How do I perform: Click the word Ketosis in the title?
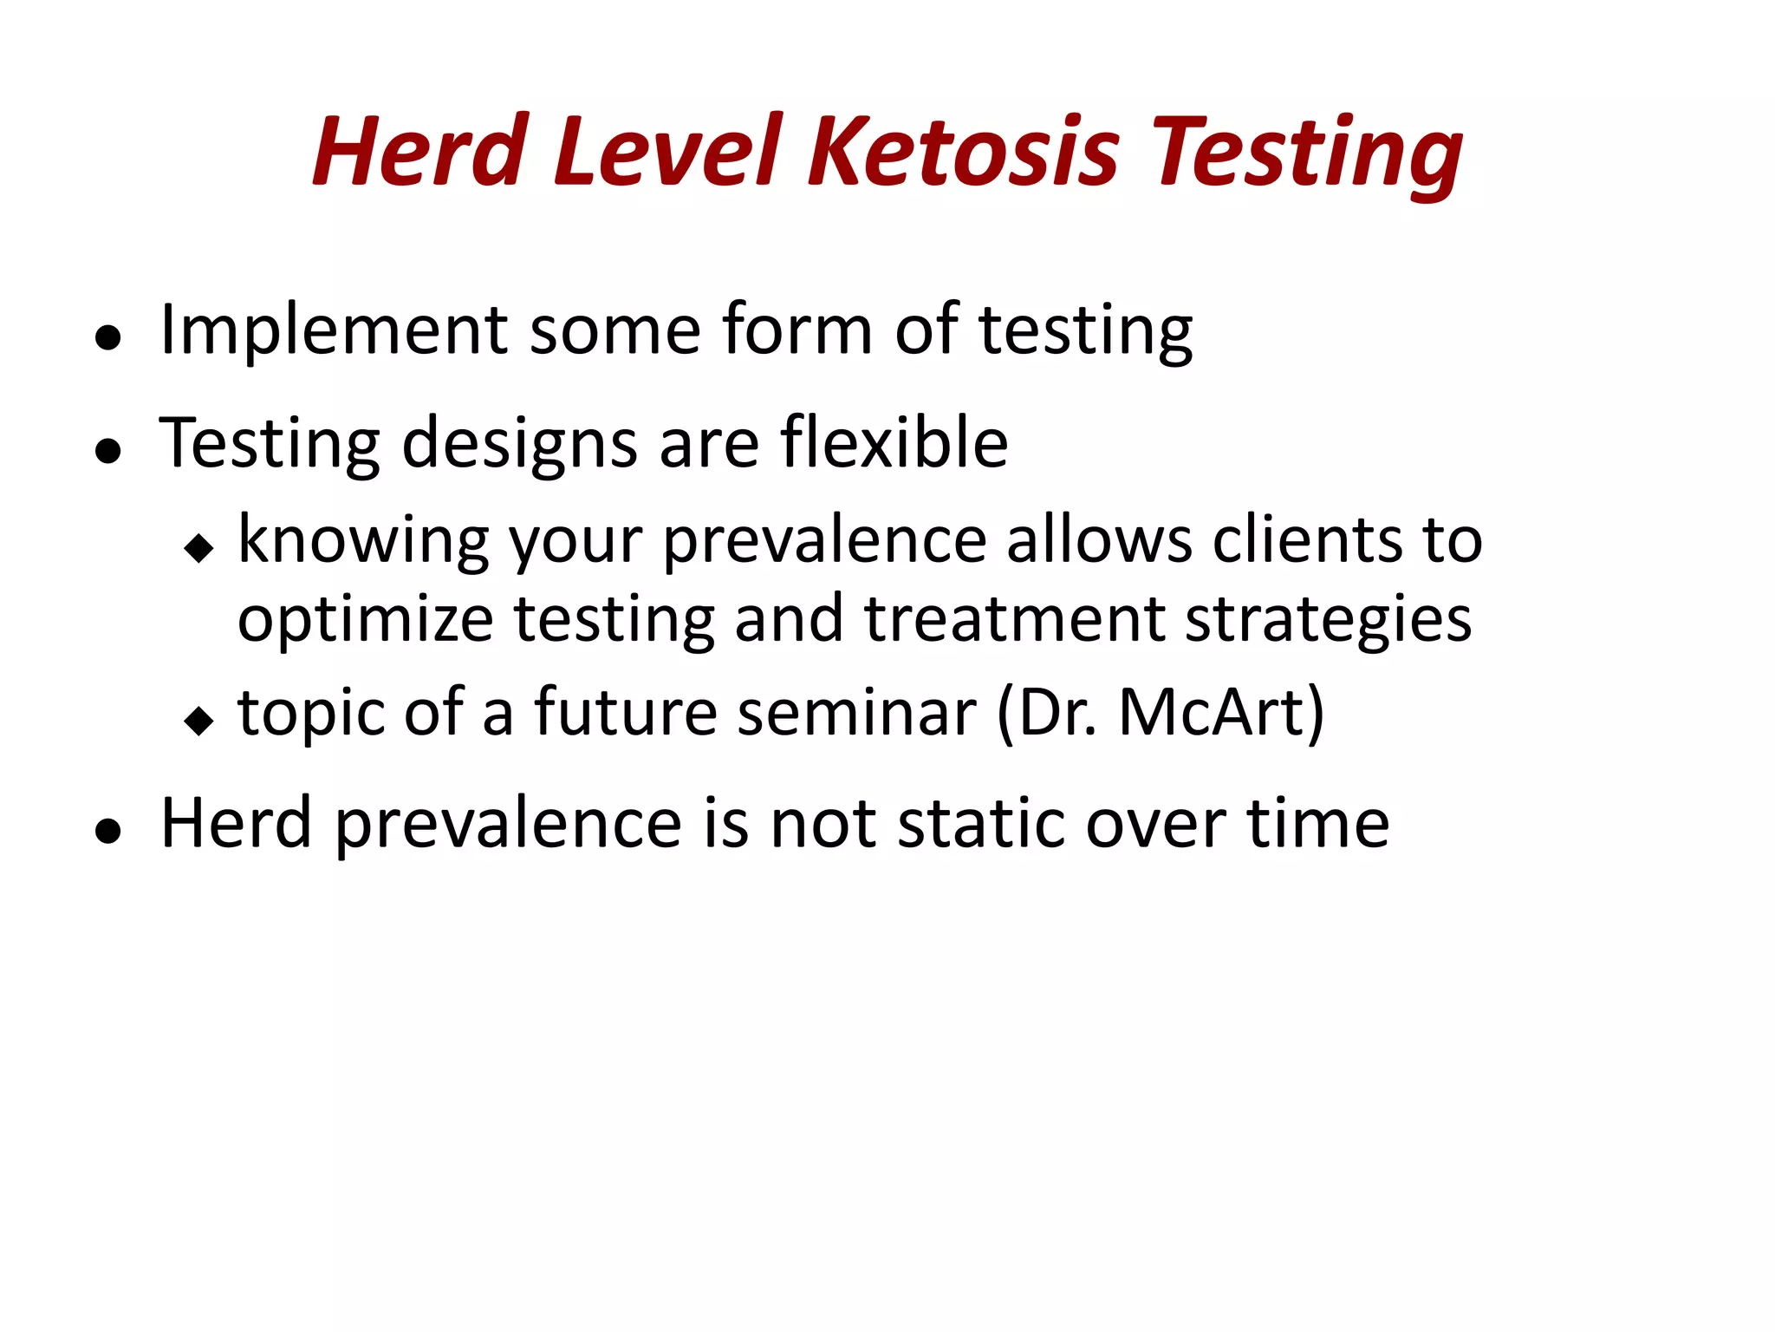click(963, 152)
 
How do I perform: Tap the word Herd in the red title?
click(420, 152)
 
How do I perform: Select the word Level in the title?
click(667, 152)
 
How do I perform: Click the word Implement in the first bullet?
click(334, 330)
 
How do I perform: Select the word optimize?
click(365, 621)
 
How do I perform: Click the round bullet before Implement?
click(107, 338)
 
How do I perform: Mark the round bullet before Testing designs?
click(107, 451)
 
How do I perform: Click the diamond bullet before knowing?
click(199, 548)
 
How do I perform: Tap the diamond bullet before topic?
click(199, 721)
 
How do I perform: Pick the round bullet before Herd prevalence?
click(107, 831)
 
